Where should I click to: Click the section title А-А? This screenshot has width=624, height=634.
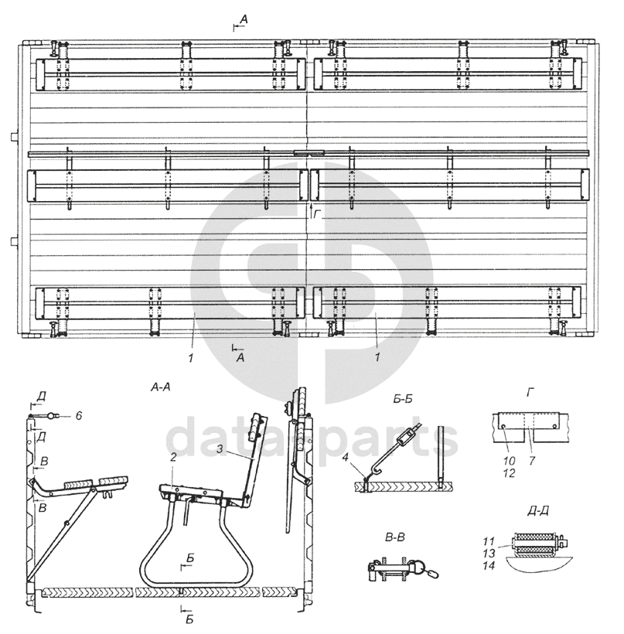point(161,387)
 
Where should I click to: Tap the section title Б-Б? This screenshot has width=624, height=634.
point(402,400)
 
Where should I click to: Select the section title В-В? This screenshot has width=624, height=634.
point(394,538)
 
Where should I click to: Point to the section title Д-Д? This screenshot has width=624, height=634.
point(538,512)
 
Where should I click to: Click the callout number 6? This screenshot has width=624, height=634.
point(79,415)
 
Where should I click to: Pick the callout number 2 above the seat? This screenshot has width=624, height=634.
point(173,457)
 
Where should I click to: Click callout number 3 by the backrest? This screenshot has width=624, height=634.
point(220,448)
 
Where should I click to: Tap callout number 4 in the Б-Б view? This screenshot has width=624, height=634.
point(345,457)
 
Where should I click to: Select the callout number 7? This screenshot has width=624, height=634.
point(532,461)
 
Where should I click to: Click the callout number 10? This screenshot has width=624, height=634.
point(509,461)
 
